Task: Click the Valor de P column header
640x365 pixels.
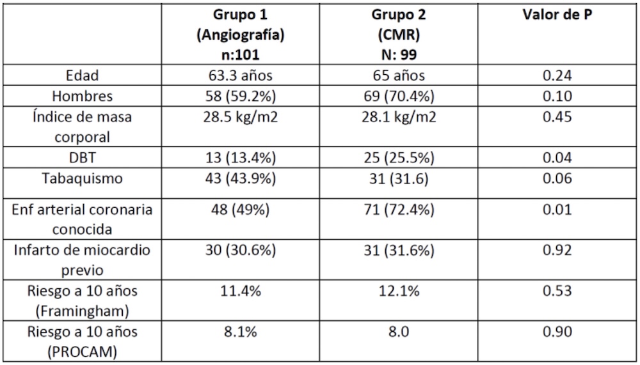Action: click(x=557, y=15)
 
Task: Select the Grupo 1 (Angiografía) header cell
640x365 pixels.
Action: click(x=241, y=35)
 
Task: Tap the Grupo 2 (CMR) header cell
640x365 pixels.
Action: click(x=399, y=35)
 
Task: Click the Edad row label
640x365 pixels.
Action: click(x=82, y=75)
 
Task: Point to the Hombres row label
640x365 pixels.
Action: click(x=82, y=96)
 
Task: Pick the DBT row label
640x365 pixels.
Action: click(x=82, y=157)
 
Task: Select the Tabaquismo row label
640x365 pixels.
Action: click(x=82, y=178)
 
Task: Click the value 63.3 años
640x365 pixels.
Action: click(x=241, y=75)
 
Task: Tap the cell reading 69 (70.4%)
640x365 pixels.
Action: click(x=399, y=97)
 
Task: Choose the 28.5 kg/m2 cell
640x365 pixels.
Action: click(x=241, y=117)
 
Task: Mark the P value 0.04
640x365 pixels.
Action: click(x=557, y=157)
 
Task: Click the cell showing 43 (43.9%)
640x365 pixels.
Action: click(x=241, y=178)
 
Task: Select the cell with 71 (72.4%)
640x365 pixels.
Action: click(x=399, y=210)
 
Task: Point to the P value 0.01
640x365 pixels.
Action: click(x=557, y=209)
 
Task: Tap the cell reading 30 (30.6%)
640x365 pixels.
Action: click(x=241, y=250)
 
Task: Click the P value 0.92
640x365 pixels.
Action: click(x=557, y=249)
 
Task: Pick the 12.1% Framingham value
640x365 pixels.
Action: click(x=399, y=291)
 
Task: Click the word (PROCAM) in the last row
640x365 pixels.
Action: click(x=82, y=352)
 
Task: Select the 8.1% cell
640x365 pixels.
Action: click(x=241, y=332)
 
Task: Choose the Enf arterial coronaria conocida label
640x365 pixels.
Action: click(x=82, y=219)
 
